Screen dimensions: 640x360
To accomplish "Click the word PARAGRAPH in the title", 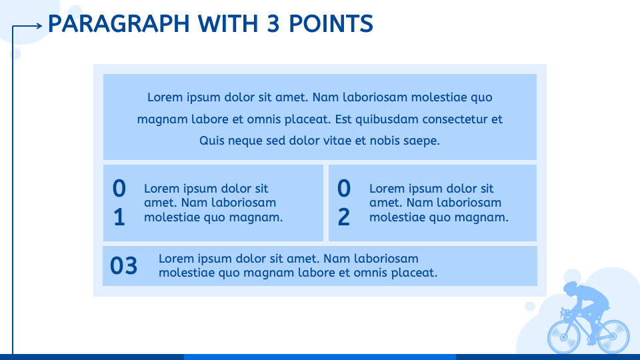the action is [x=119, y=23].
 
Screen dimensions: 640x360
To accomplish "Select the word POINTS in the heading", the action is [x=331, y=23].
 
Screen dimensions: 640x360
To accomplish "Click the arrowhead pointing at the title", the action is [x=39, y=26].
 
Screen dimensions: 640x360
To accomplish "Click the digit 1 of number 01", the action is [x=119, y=217].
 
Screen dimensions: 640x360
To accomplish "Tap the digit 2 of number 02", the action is [x=344, y=217].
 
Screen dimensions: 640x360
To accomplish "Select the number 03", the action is [x=124, y=266].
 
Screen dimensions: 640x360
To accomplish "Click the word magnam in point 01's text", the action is [x=255, y=217].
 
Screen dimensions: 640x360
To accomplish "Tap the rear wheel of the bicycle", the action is [x=613, y=336].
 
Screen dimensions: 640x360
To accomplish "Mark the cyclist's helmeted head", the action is [x=571, y=287].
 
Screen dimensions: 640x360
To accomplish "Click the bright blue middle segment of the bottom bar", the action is [x=319, y=357].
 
